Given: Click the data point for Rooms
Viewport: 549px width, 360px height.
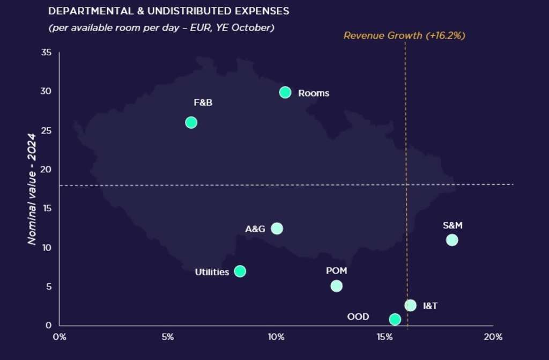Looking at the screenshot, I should point(285,92).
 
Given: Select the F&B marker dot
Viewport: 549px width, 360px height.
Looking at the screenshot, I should point(191,122).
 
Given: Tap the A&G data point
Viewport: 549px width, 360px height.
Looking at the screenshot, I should point(277,229).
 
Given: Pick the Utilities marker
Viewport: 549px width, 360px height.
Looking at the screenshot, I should point(240,271).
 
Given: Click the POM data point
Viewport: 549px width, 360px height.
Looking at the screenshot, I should point(336,286).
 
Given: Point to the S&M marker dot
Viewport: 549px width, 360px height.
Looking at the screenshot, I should point(452,240).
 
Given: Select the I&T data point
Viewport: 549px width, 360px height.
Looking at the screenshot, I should point(410,305).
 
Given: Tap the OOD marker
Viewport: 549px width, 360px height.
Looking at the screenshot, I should point(395,319).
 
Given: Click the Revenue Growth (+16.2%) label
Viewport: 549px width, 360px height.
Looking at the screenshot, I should point(404,36).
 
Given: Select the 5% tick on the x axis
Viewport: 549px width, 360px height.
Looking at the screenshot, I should point(168,337).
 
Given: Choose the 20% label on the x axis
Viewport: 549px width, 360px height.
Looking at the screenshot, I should point(493,337).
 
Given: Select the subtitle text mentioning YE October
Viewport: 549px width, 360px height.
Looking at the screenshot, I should point(161,27).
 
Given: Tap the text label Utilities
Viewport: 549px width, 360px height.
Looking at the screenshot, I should point(212,272).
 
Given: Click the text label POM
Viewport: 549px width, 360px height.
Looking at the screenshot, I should point(336,271).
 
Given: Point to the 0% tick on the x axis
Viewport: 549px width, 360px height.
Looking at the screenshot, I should point(59,337).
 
